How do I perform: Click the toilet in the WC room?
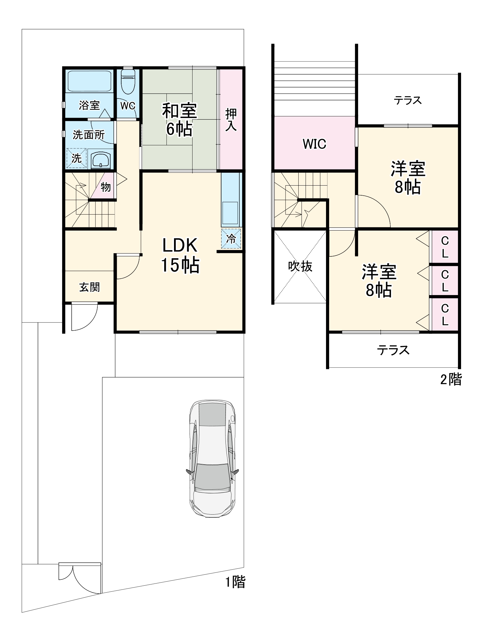coord(128,81)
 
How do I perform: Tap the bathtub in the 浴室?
coord(89,81)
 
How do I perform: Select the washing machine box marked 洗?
coord(76,158)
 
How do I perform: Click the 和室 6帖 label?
coord(179,120)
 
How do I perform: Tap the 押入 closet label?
coord(231,120)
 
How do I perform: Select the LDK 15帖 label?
coord(180,255)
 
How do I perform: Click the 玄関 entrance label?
coord(90,287)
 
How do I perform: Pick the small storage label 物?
coord(106,187)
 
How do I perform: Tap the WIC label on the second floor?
coord(314,144)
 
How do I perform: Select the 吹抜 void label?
coord(300,266)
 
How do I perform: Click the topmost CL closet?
coord(445,247)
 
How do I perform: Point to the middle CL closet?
coord(445,281)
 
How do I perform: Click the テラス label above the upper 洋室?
coord(408,100)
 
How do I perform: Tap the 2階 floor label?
coord(451,379)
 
